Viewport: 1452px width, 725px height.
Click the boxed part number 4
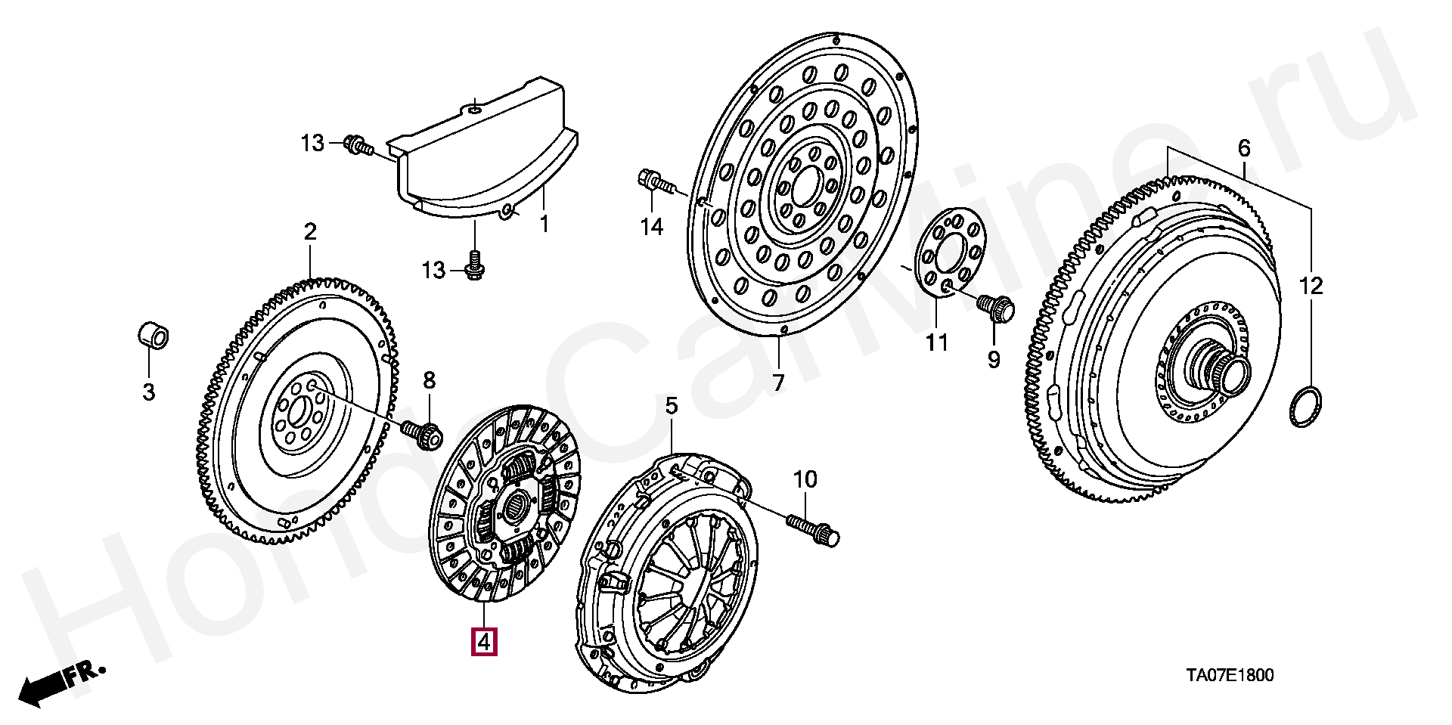(483, 641)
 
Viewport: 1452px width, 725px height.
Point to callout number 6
(1244, 148)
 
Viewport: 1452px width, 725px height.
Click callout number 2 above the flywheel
(310, 232)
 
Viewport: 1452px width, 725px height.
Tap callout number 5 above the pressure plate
(672, 407)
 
